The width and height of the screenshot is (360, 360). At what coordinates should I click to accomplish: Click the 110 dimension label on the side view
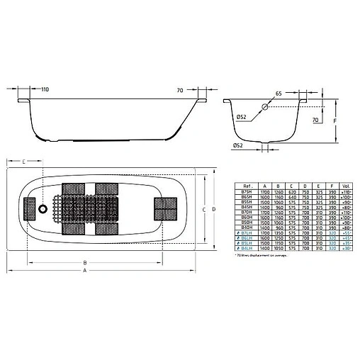[x=45, y=91]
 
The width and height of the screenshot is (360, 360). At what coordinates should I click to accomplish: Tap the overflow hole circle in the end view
[x=264, y=108]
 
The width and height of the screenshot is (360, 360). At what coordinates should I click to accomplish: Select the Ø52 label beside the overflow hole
[x=238, y=117]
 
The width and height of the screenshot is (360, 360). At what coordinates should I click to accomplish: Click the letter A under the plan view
[x=86, y=271]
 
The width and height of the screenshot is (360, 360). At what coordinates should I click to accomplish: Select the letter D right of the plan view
[x=213, y=210]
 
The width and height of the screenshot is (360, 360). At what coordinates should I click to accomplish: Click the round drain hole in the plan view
[x=43, y=209]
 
